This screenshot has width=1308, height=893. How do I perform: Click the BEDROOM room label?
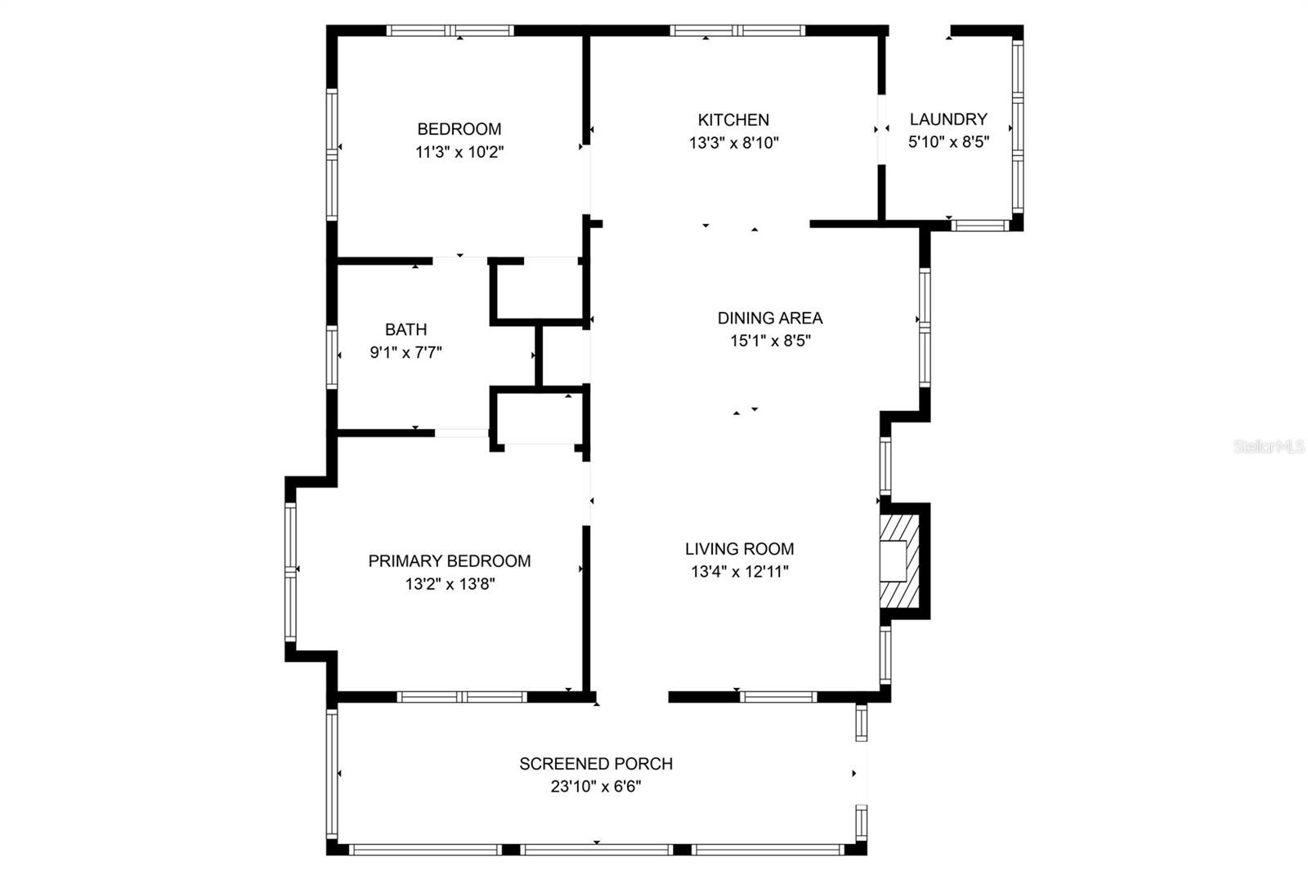[x=459, y=129]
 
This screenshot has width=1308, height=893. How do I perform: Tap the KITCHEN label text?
[x=733, y=119]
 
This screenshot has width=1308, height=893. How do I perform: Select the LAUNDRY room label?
[x=948, y=119]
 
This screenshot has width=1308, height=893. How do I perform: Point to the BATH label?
[x=405, y=329]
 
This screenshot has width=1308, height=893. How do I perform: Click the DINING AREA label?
[x=769, y=318]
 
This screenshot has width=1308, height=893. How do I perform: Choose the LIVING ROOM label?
[x=739, y=549]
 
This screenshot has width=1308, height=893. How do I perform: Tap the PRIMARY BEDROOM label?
[x=450, y=561]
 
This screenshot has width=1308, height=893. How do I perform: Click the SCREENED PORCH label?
[x=596, y=763]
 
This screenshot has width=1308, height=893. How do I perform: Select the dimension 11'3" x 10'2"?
[x=459, y=152]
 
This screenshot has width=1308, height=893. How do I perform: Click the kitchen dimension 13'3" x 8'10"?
[x=734, y=143]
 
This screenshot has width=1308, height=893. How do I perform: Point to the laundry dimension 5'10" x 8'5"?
[x=949, y=142]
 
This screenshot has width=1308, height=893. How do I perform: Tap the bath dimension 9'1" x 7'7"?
[x=405, y=352]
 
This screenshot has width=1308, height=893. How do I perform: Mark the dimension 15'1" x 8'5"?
[x=770, y=341]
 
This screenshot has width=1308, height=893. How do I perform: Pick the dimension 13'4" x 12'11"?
[x=740, y=571]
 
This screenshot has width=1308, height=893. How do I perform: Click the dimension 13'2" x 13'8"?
[x=450, y=583]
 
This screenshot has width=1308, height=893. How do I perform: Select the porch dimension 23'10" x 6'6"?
[x=596, y=787]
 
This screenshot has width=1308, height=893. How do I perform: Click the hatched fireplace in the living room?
[x=900, y=561]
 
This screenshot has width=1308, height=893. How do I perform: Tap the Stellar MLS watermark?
[x=1269, y=447]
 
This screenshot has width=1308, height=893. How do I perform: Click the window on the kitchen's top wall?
[x=737, y=30]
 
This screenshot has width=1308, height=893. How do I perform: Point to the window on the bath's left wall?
[x=332, y=357]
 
